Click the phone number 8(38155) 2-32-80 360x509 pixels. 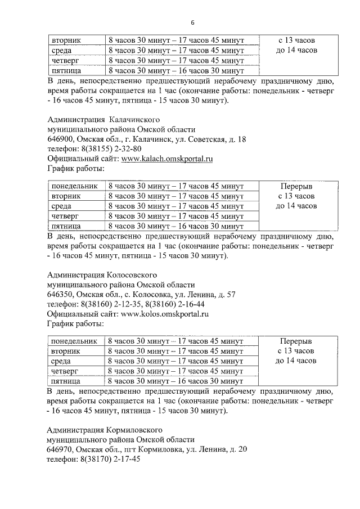point(107,149)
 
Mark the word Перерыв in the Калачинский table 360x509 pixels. point(296,186)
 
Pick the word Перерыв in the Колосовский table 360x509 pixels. point(296,341)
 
